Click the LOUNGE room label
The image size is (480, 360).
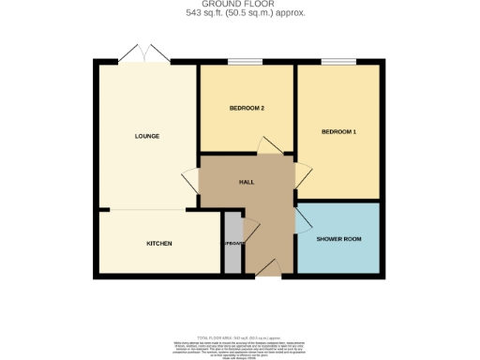[x=146, y=136]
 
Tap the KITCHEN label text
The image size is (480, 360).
[x=158, y=244]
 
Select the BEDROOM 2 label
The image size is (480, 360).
[x=247, y=108]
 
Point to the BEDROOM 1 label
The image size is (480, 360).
[x=338, y=132]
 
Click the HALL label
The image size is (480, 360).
[x=247, y=183]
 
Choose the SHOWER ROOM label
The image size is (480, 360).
[x=338, y=239]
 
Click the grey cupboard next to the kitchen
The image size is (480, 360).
[x=232, y=244]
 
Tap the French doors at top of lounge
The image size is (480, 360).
[x=144, y=55]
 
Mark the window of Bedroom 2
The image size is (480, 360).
[x=247, y=63]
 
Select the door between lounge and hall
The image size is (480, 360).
[x=189, y=178]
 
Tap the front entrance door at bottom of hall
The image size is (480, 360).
[x=267, y=270]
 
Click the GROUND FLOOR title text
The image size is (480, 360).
[x=240, y=5]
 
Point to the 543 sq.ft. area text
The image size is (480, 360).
[x=240, y=13]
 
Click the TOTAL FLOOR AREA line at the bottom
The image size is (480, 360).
[x=240, y=335]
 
